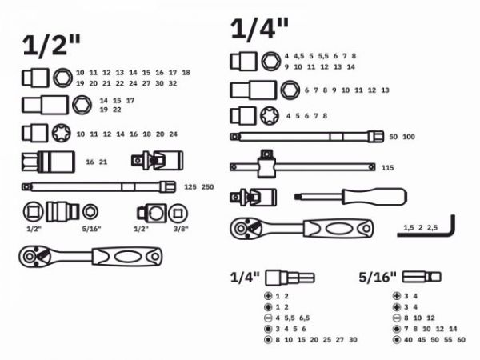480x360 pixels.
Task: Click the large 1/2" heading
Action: tap(52, 44)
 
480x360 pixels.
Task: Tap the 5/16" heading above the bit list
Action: tap(378, 278)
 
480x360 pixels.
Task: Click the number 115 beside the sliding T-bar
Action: tap(388, 167)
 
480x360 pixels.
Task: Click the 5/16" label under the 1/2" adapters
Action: tap(91, 230)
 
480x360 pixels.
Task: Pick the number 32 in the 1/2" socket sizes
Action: tap(173, 83)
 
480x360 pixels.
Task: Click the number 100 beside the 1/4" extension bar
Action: tap(409, 138)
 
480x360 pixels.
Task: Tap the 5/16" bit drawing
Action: tap(421, 278)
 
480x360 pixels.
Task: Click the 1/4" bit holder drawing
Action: tap(290, 278)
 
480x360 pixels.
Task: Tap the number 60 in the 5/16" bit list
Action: tap(462, 340)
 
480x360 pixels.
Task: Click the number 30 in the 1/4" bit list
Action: tap(353, 340)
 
